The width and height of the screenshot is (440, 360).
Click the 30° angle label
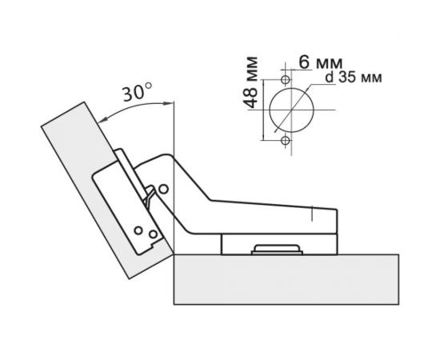click(x=138, y=92)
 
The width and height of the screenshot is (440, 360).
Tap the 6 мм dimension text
click(x=321, y=62)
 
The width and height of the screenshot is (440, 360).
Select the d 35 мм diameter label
click(x=354, y=78)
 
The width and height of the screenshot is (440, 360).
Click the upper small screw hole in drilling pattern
click(x=286, y=80)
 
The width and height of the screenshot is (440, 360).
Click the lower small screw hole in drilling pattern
click(x=286, y=140)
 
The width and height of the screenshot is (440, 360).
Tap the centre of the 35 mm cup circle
click(x=291, y=110)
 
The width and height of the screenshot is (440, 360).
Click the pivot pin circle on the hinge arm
click(x=163, y=190)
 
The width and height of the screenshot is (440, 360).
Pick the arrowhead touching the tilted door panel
click(x=102, y=120)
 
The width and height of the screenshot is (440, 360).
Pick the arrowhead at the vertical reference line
click(x=170, y=104)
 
